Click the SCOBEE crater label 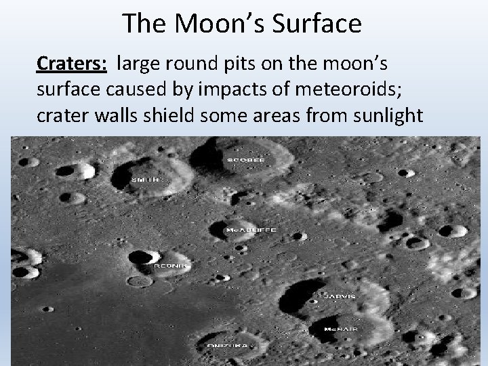[x=245, y=159]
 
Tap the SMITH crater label [x=144, y=180]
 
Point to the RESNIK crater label [x=165, y=266]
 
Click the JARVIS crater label [x=337, y=296]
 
